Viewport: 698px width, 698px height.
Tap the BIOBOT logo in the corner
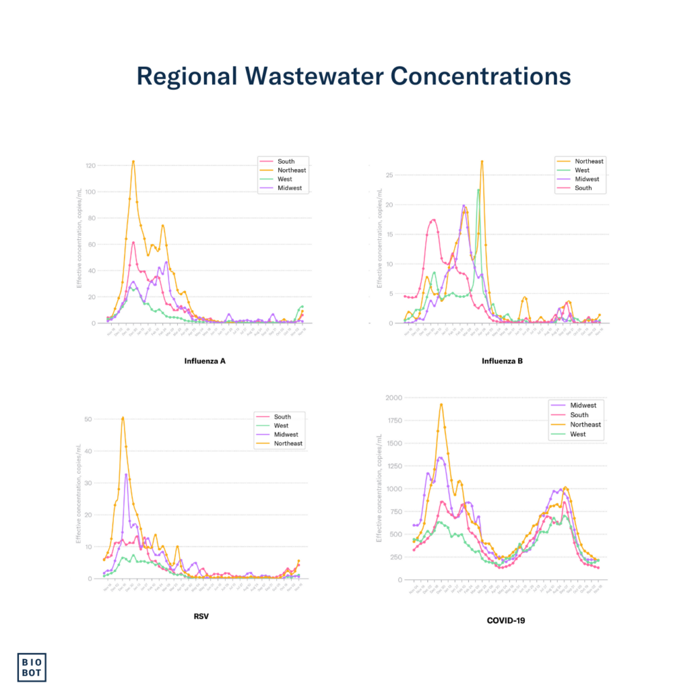point(31,667)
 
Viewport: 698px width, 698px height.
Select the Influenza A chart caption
point(204,361)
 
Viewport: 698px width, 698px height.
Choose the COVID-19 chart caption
point(505,620)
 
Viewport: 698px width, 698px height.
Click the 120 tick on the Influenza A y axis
point(90,166)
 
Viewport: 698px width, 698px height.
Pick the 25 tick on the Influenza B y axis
point(389,175)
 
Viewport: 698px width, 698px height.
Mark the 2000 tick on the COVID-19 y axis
point(393,397)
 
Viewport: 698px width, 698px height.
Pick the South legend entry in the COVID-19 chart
point(577,414)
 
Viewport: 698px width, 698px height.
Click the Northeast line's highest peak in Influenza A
point(133,162)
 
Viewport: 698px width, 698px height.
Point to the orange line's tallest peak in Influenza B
point(482,162)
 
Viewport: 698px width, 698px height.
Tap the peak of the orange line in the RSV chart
point(123,418)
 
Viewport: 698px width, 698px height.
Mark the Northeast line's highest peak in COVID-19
point(441,404)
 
